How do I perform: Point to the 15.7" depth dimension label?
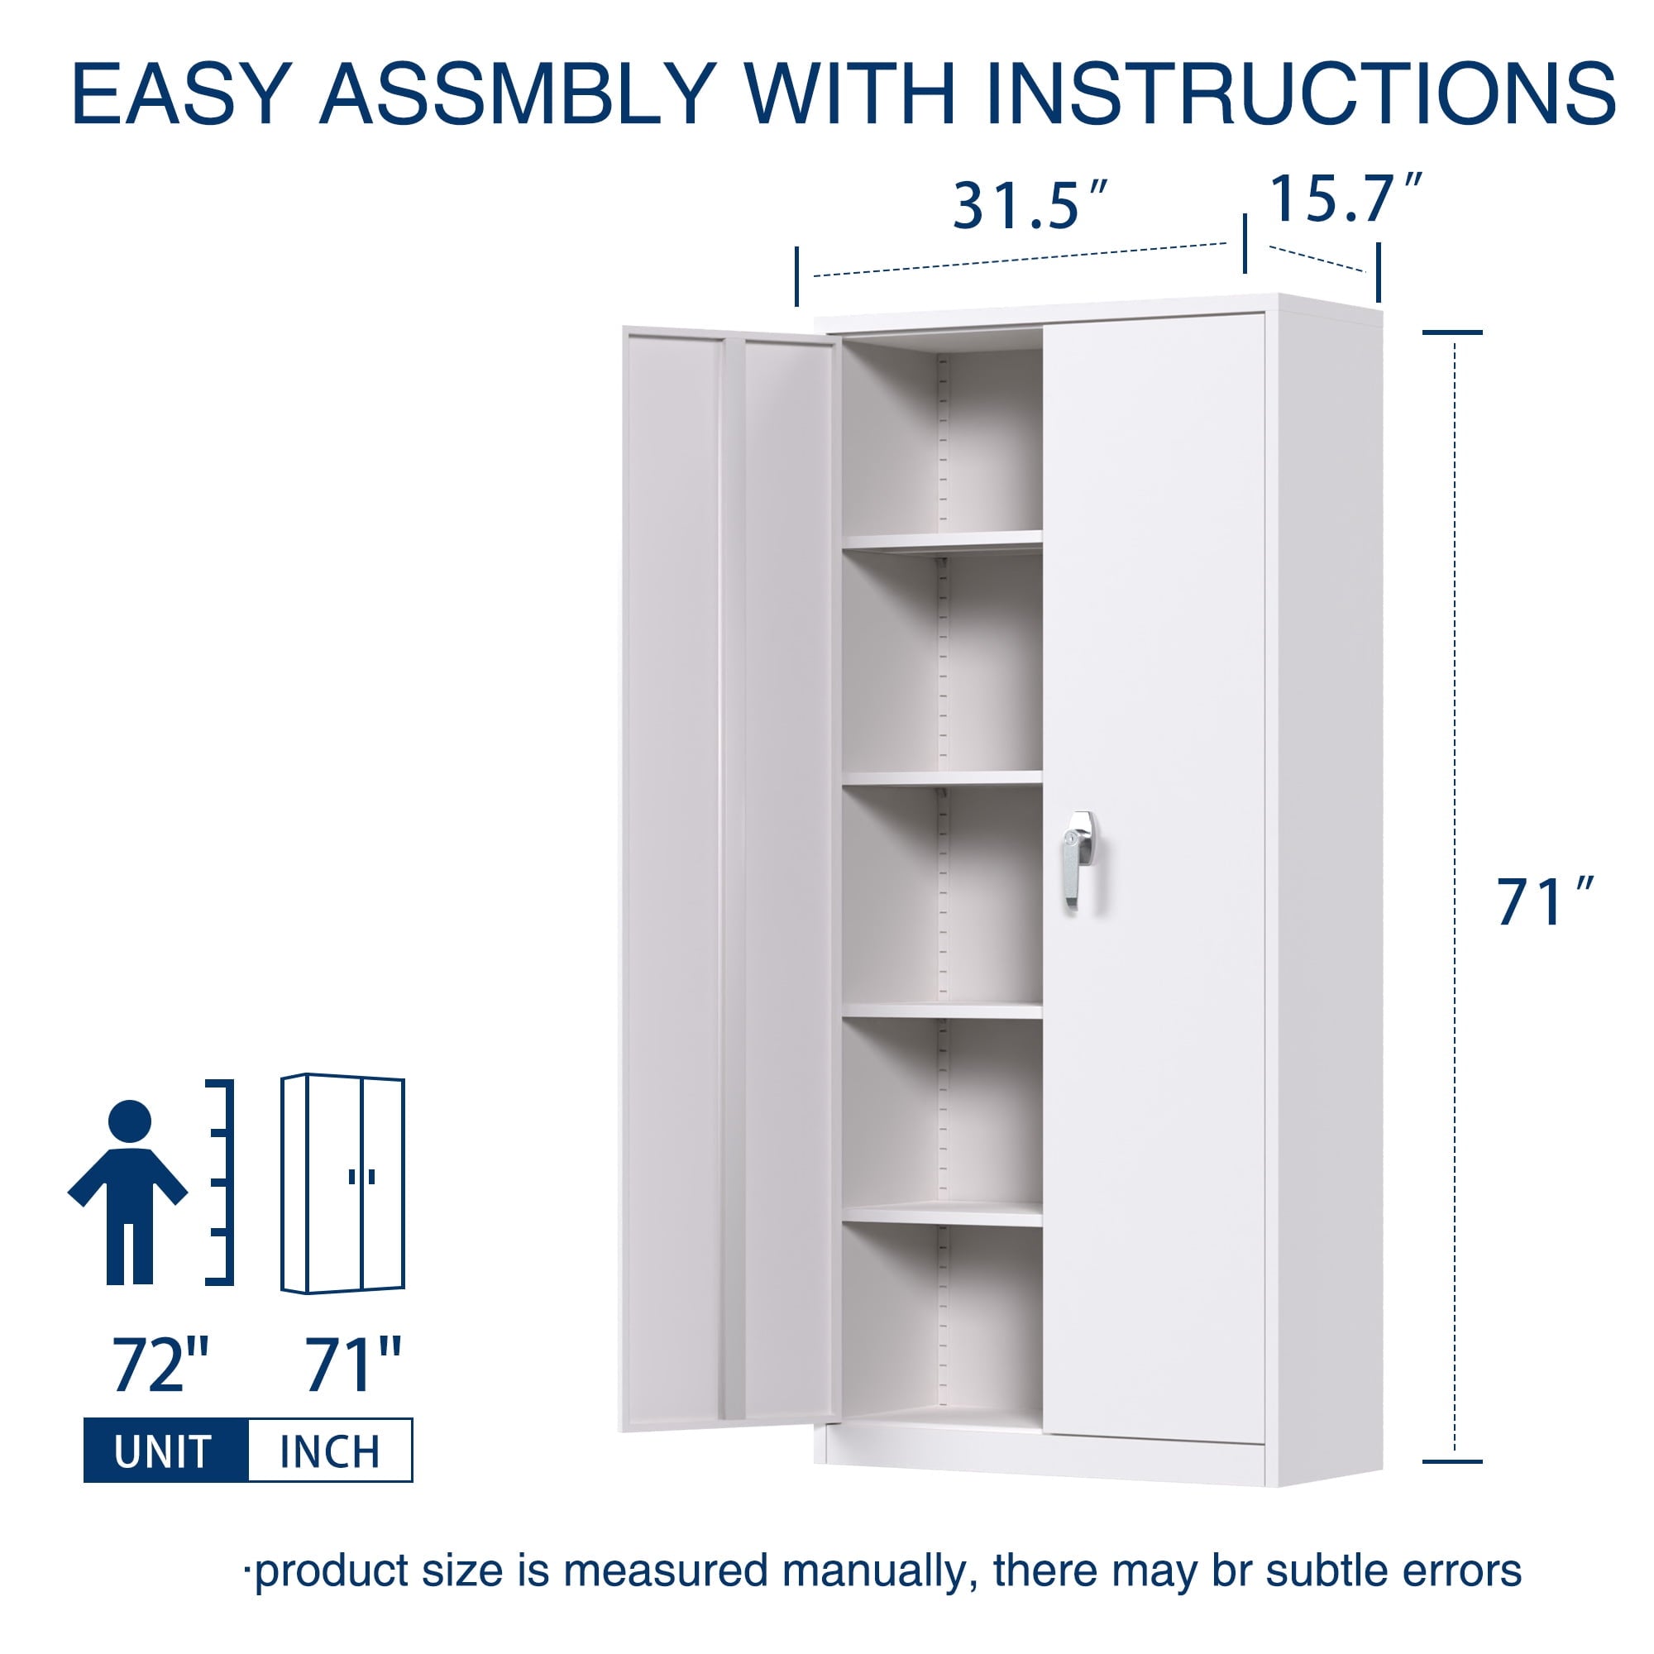click(1345, 198)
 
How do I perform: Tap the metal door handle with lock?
click(1080, 858)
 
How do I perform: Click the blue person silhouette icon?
click(128, 1193)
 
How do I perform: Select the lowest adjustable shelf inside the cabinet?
click(943, 1214)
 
